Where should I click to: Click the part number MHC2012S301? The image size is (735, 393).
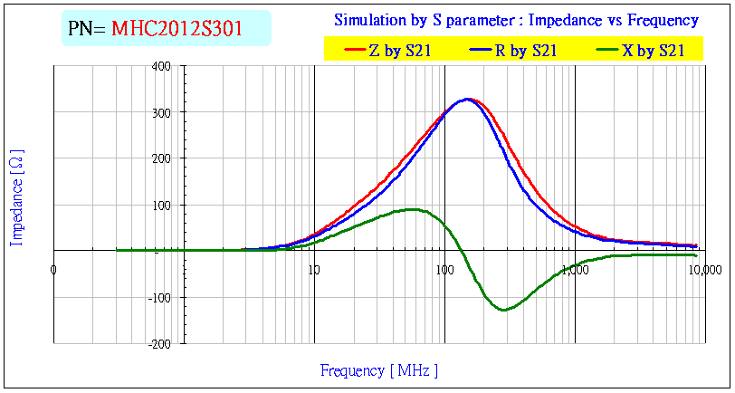177,28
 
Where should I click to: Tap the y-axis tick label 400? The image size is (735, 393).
162,66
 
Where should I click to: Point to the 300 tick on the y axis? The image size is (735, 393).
162,112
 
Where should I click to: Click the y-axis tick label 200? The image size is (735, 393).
162,158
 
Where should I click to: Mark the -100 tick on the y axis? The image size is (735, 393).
160,297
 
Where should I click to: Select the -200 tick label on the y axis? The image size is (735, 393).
160,343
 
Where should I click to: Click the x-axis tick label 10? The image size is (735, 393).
313,268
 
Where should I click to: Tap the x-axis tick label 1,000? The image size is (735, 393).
574,268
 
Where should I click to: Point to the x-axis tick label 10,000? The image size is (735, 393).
703,268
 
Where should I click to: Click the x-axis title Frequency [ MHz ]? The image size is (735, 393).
378,370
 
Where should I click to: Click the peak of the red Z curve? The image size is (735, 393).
470,99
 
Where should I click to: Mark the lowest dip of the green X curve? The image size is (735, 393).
503,310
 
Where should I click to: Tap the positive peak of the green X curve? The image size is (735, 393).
413,209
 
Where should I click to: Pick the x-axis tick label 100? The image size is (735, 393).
444,268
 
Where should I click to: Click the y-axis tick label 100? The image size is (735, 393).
162,205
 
